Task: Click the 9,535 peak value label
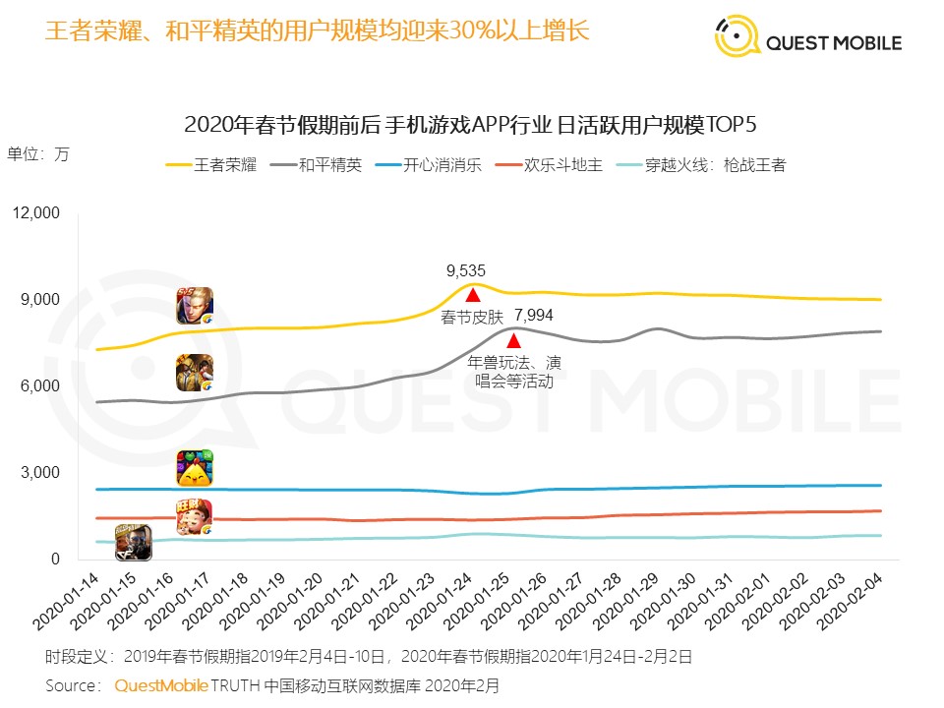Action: click(x=466, y=270)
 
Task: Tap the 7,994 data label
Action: click(x=534, y=316)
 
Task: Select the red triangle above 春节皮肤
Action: click(x=472, y=294)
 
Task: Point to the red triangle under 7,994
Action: click(x=513, y=340)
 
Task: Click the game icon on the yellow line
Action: click(x=195, y=306)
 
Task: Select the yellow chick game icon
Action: click(x=195, y=469)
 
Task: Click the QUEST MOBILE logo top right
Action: click(x=807, y=41)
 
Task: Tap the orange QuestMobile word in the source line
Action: click(x=161, y=684)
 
